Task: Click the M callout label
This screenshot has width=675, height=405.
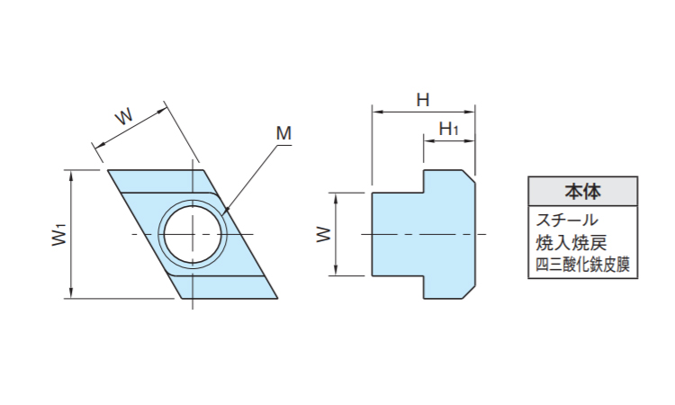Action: pyautogui.click(x=283, y=134)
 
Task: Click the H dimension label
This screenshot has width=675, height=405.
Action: pyautogui.click(x=422, y=99)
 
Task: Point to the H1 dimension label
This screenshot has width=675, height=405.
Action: pyautogui.click(x=448, y=129)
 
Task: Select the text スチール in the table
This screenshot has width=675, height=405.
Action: pyautogui.click(x=567, y=219)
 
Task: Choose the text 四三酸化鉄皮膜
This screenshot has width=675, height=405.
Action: pyautogui.click(x=581, y=265)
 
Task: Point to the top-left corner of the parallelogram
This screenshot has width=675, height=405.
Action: pyautogui.click(x=109, y=171)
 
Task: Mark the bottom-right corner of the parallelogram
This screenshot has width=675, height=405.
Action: pyautogui.click(x=276, y=297)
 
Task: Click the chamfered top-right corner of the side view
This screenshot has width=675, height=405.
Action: pyautogui.click(x=469, y=175)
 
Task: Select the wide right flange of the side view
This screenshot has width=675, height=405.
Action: pyautogui.click(x=449, y=234)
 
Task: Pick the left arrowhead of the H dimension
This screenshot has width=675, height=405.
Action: pyautogui.click(x=376, y=112)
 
